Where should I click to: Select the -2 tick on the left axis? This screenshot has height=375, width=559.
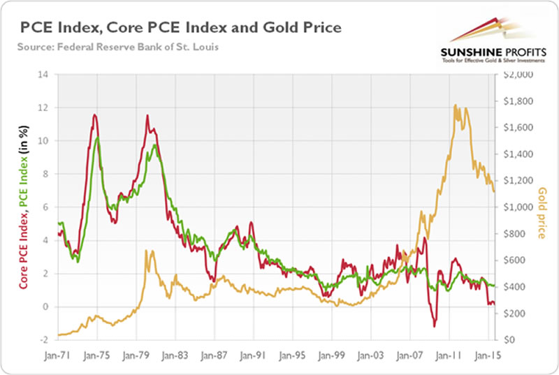(x=45, y=340)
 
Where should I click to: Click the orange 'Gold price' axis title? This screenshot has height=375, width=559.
(x=542, y=212)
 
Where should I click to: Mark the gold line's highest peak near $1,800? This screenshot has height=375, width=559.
(x=456, y=105)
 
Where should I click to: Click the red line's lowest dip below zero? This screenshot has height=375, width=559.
(x=434, y=326)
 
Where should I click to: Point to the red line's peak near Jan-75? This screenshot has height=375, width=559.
(x=94, y=115)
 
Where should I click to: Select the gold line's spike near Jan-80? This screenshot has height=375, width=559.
(x=146, y=250)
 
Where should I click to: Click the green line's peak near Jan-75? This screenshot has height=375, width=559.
(x=99, y=138)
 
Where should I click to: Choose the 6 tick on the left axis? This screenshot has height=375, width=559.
(x=47, y=207)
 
